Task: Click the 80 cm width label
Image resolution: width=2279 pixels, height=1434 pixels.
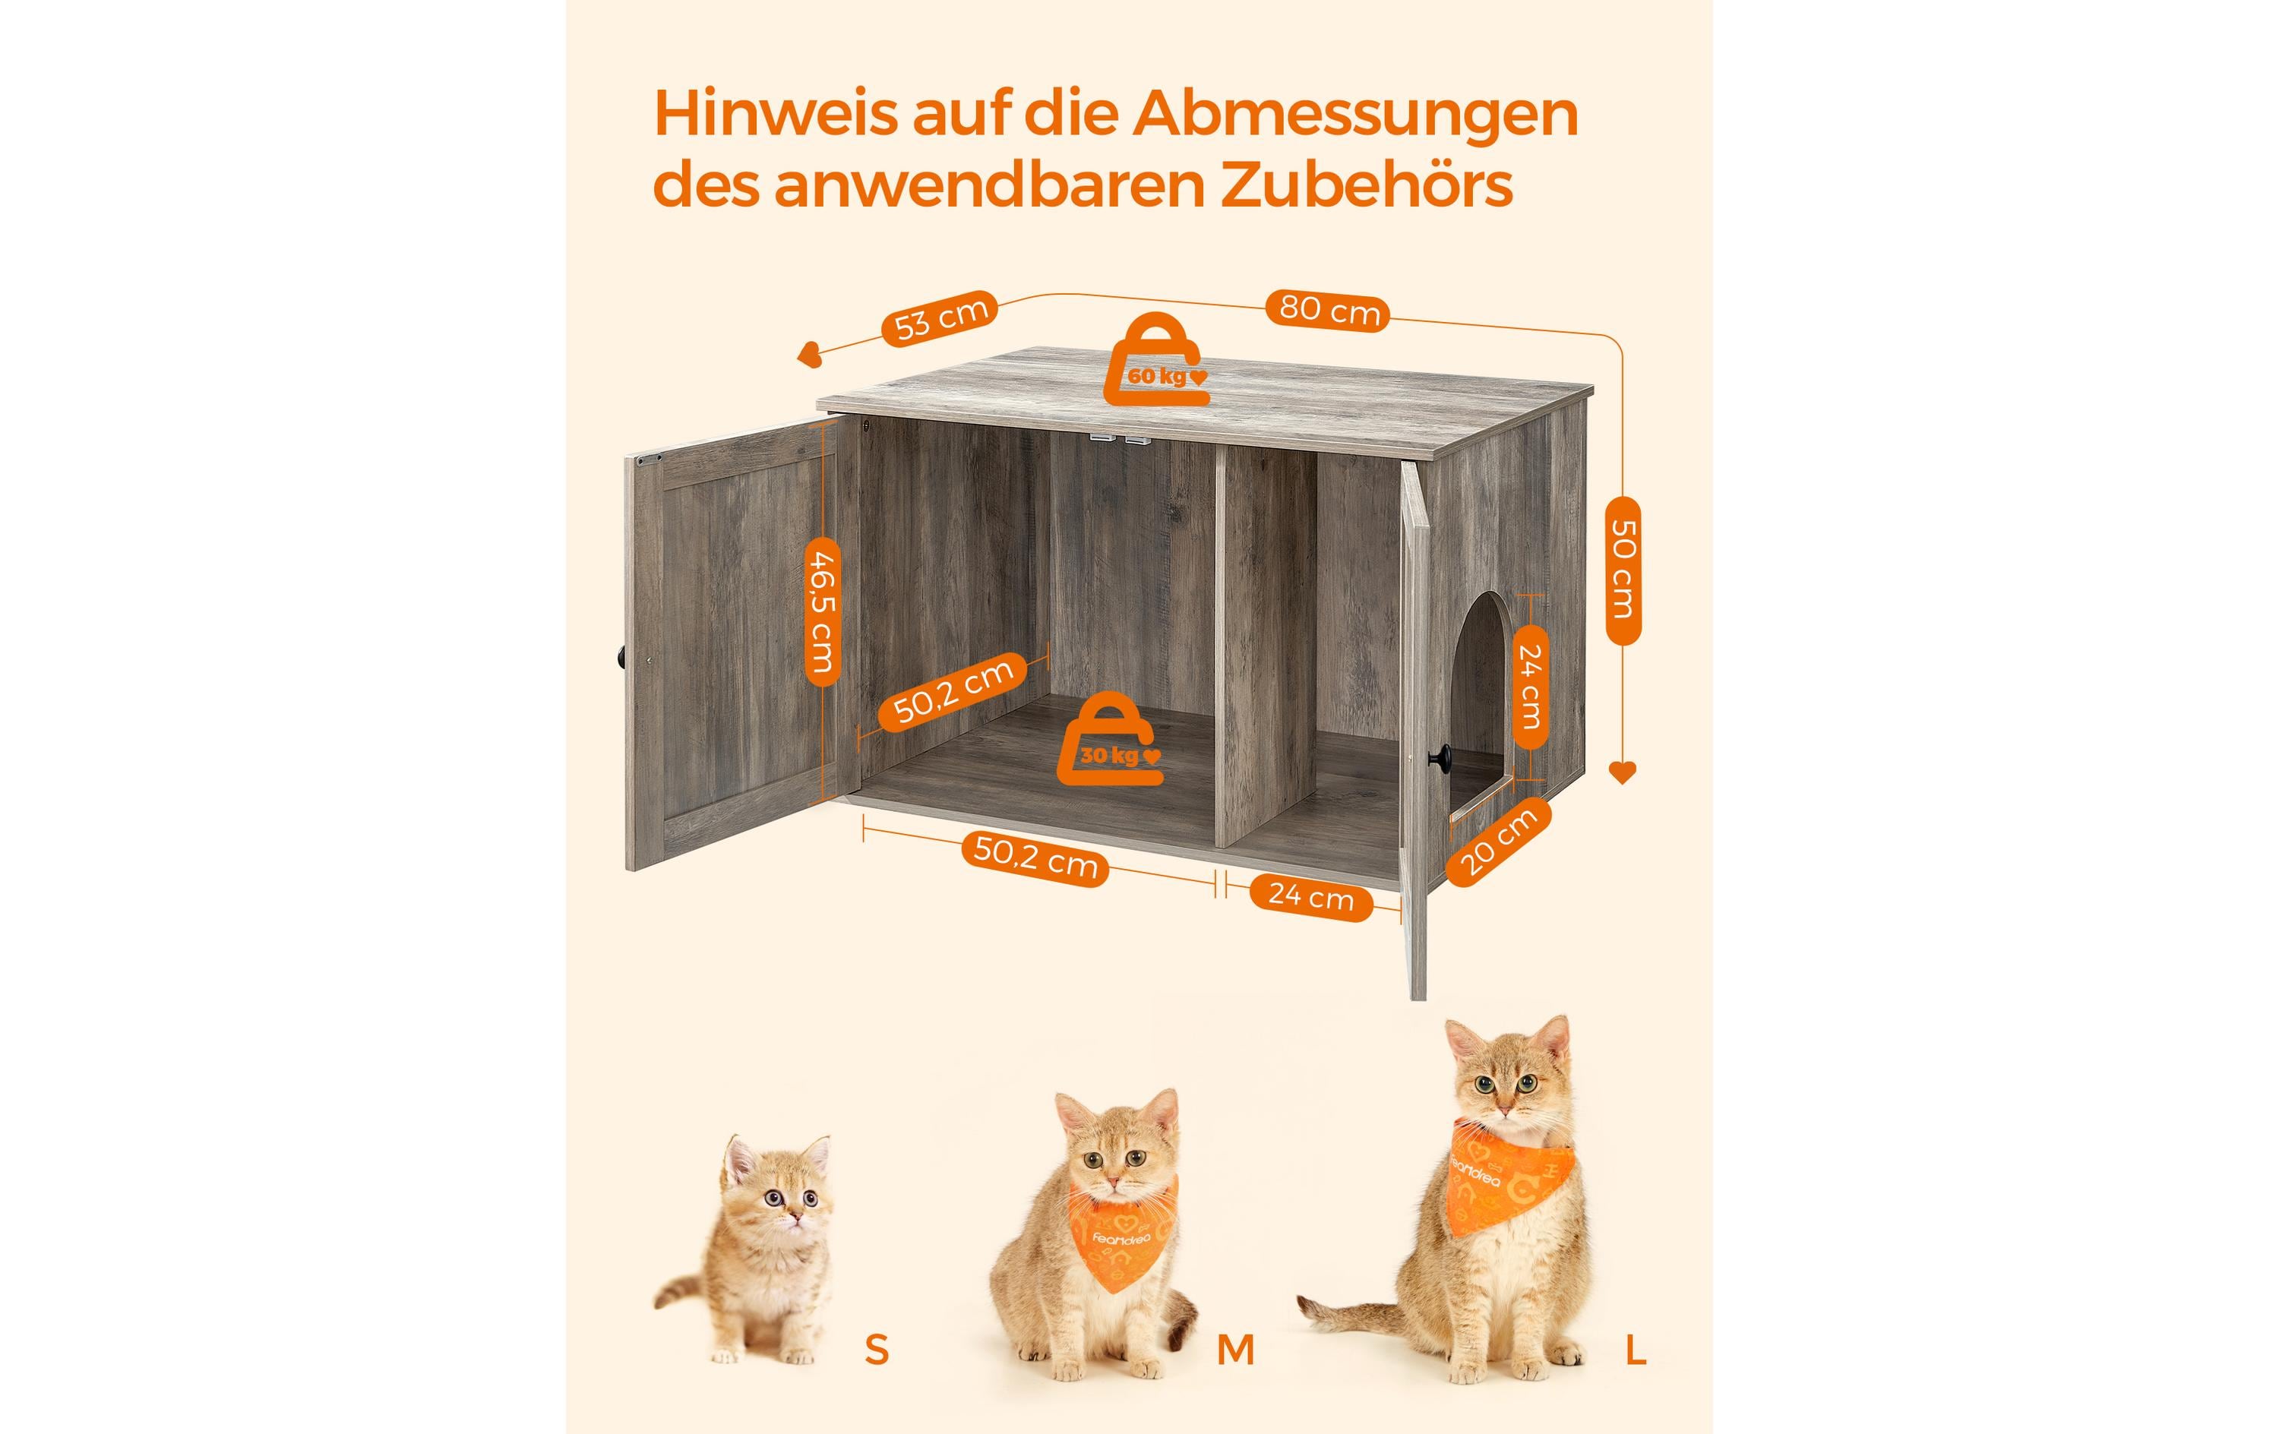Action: tap(1329, 310)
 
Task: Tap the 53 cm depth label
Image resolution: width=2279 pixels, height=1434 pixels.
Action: tap(940, 318)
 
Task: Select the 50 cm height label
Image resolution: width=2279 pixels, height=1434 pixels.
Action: tap(1623, 570)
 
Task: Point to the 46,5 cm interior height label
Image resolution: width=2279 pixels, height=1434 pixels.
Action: tap(823, 612)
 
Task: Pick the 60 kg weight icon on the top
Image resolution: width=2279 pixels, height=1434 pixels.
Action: tap(1156, 361)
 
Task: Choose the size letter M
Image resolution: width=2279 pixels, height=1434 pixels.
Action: tap(1235, 1349)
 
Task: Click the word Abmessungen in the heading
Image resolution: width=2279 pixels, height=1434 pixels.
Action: tap(1355, 115)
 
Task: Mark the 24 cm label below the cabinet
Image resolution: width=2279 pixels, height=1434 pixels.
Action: tap(1310, 895)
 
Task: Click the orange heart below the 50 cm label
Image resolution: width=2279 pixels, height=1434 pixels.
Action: tap(1622, 772)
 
